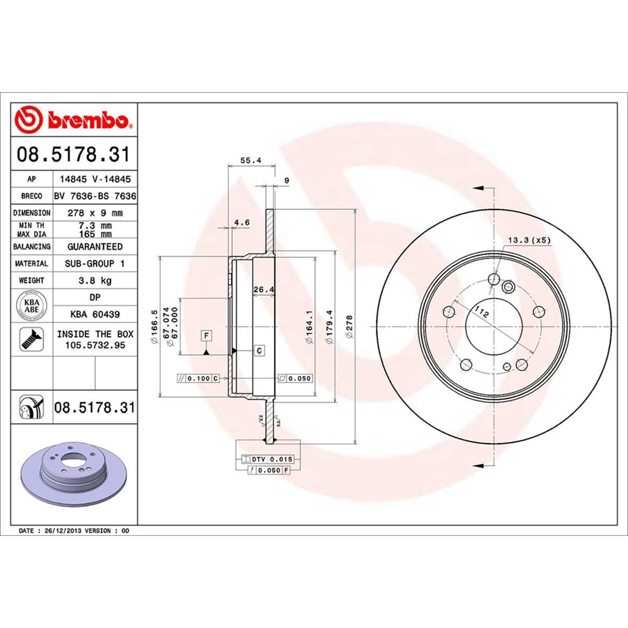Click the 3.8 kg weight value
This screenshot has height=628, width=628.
pyautogui.click(x=95, y=281)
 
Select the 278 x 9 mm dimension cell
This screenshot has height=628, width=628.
pyautogui.click(x=95, y=213)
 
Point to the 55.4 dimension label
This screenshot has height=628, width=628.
pyautogui.click(x=252, y=161)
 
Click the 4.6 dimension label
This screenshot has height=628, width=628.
pyautogui.click(x=242, y=222)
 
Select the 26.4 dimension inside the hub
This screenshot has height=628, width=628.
pyautogui.click(x=264, y=289)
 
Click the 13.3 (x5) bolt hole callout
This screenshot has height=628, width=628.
pyautogui.click(x=529, y=240)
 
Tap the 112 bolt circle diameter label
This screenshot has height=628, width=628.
pyautogui.click(x=481, y=313)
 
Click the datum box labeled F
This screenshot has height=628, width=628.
pyautogui.click(x=207, y=334)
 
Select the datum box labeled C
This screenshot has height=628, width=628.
pyautogui.click(x=259, y=351)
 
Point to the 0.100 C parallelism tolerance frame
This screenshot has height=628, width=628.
pyautogui.click(x=198, y=378)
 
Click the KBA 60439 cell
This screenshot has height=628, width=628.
pyautogui.click(x=95, y=314)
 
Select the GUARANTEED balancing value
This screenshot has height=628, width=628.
pyautogui.click(x=95, y=246)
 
